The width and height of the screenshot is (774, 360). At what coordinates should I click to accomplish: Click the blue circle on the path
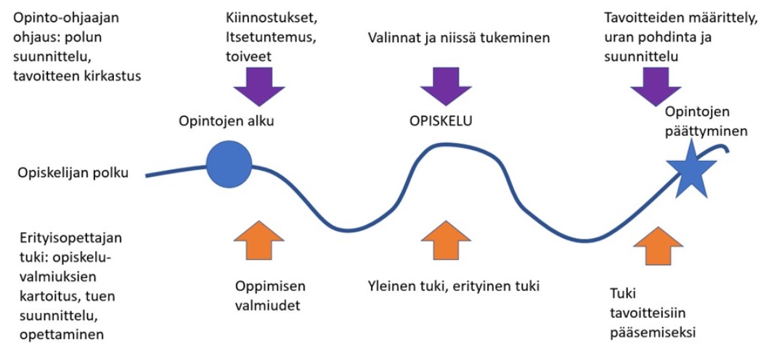point(229,165)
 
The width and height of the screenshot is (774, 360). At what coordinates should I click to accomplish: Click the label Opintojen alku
point(227,121)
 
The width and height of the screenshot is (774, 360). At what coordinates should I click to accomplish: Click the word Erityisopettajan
point(63,239)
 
